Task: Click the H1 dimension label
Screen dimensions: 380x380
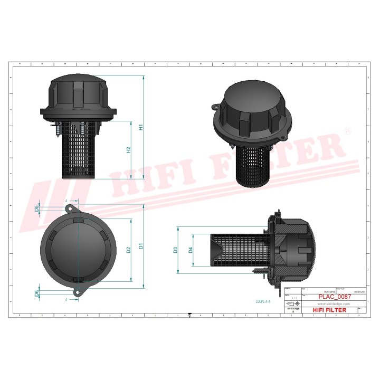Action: coord(141,127)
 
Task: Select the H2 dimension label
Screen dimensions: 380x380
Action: coord(128,150)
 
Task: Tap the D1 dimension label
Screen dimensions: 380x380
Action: coord(140,246)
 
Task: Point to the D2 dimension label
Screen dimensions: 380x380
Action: coord(128,249)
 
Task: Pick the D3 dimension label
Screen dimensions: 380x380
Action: coord(176,249)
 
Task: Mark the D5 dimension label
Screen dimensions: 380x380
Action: coord(36,208)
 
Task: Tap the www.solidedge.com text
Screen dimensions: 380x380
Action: coord(334,304)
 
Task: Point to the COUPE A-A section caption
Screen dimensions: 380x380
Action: coord(262,301)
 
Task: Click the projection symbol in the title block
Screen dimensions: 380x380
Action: coord(291,305)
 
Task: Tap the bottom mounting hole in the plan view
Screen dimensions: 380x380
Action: coord(78,291)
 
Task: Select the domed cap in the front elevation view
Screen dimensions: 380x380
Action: coord(79,92)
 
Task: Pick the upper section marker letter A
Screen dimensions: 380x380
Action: coord(66,201)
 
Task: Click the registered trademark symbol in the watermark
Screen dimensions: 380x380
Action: coord(347,130)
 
